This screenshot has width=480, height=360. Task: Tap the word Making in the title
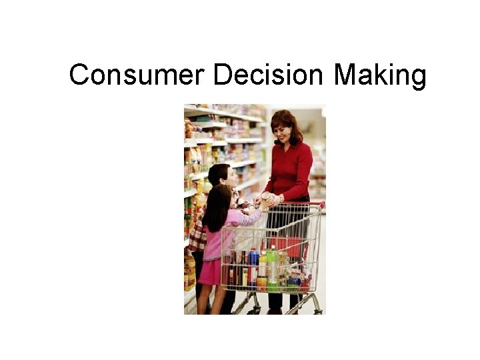379,75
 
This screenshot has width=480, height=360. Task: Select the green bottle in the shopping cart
272,265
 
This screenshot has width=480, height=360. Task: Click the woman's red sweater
291,171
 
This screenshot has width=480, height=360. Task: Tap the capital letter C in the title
79,75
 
